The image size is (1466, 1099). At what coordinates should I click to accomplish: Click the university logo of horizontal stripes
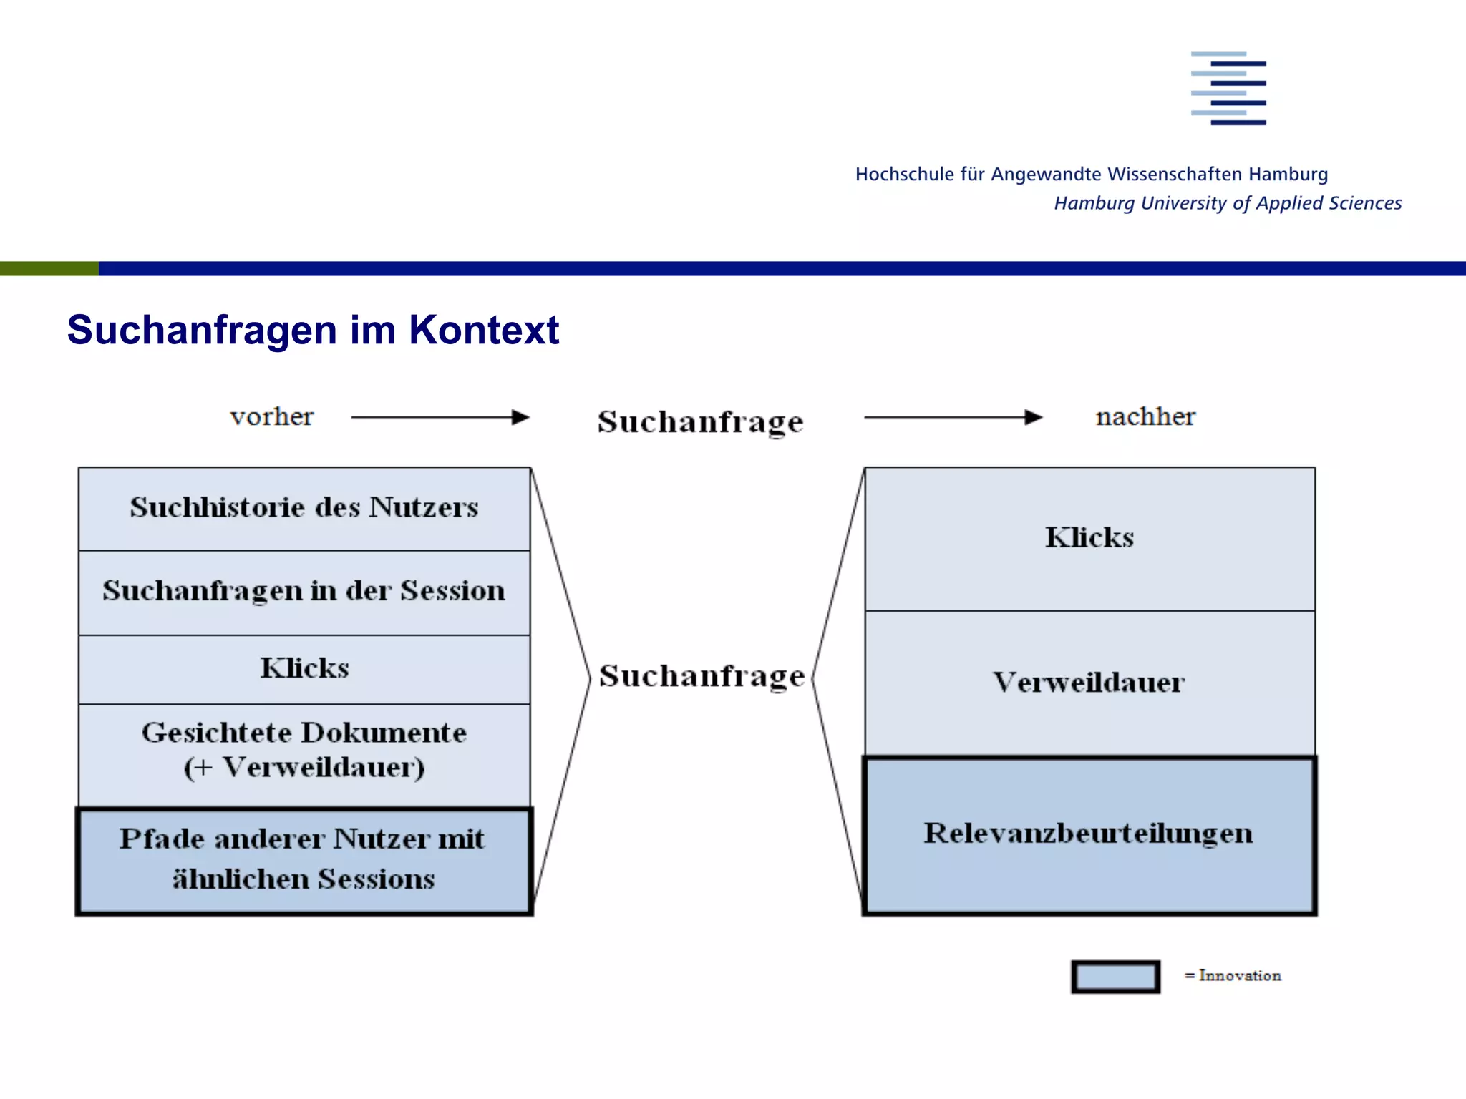point(1228,88)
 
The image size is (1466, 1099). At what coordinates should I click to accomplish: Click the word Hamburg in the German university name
point(1288,174)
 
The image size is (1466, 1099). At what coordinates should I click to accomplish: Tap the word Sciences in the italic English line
point(1364,203)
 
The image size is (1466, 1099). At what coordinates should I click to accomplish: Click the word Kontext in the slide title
point(483,330)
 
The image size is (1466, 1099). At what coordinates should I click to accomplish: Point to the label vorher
point(271,416)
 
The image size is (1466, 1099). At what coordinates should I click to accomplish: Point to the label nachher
point(1145,416)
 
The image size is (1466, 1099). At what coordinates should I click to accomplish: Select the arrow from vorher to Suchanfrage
point(440,417)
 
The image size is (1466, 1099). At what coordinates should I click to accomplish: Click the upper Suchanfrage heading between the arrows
point(700,421)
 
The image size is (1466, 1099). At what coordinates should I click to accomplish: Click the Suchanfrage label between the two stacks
point(702,675)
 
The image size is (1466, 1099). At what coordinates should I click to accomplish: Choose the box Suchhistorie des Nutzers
point(304,508)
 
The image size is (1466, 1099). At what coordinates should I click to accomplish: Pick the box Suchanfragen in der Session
point(304,592)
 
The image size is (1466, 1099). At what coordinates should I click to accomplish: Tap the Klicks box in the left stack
point(304,669)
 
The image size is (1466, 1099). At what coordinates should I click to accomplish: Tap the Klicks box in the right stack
point(1089,538)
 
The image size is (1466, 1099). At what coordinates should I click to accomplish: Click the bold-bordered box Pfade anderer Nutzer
point(304,860)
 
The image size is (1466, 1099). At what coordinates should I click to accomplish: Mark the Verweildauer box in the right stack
point(1089,683)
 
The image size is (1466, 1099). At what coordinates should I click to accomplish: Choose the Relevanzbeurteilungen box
point(1089,834)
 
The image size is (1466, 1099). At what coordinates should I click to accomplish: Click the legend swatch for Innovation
point(1115,977)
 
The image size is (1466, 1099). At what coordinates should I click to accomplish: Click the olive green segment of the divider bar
point(49,268)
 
